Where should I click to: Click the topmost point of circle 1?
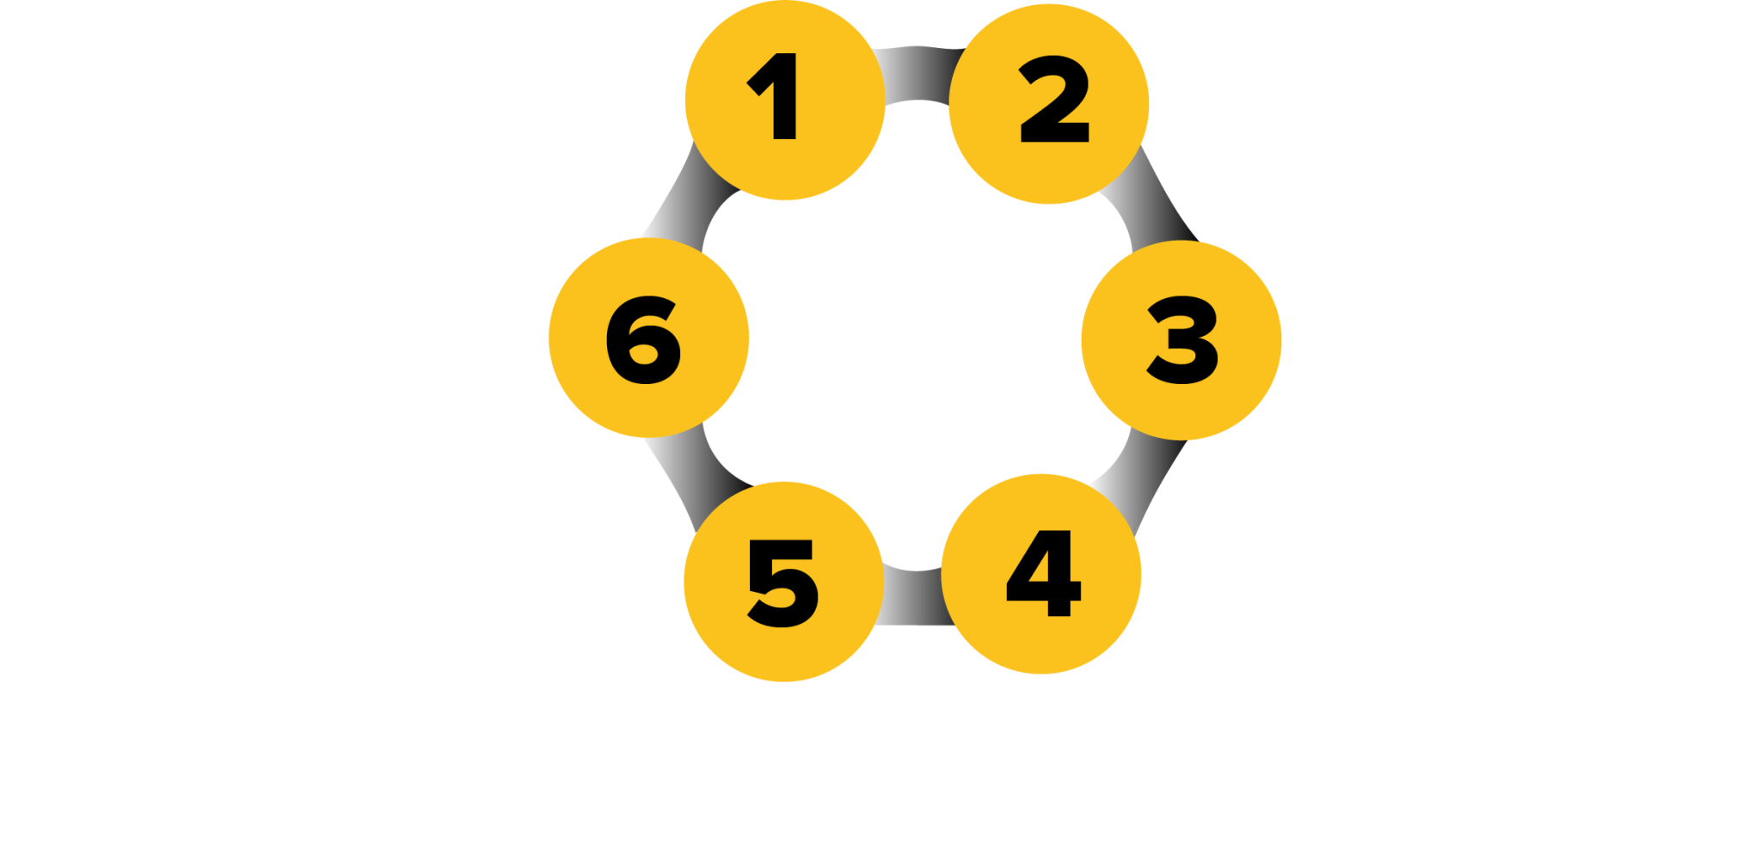click(x=785, y=1)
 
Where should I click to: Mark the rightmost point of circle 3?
click(x=1282, y=340)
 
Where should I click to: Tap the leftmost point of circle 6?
click(x=549, y=338)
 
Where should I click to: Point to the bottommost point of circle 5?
click(x=784, y=682)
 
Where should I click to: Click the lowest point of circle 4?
click(x=1041, y=674)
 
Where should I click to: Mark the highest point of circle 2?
click(x=1049, y=4)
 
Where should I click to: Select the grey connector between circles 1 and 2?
click(x=917, y=74)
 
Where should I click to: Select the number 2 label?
click(x=1054, y=100)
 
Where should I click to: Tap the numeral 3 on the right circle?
click(x=1183, y=340)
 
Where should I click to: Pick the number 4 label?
click(x=1043, y=573)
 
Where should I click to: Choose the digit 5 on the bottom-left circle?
click(x=782, y=583)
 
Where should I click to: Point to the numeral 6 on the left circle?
click(x=643, y=340)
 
